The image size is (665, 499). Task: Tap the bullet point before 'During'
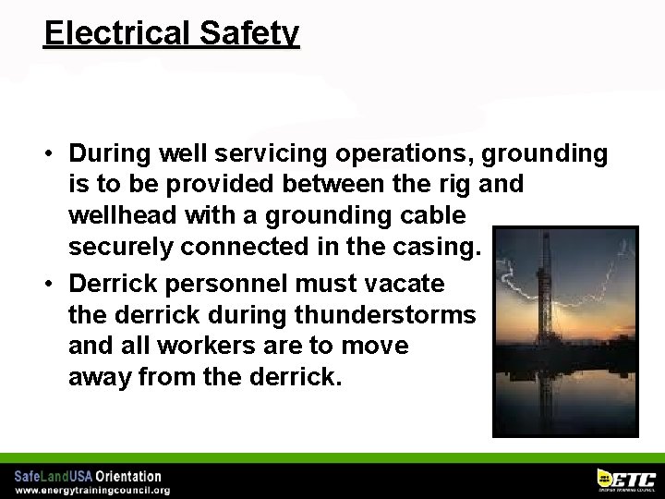coord(55,153)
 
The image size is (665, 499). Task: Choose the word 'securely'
coord(121,247)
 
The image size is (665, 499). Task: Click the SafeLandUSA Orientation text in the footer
coord(88,476)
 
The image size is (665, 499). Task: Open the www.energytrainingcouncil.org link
coord(92,490)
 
